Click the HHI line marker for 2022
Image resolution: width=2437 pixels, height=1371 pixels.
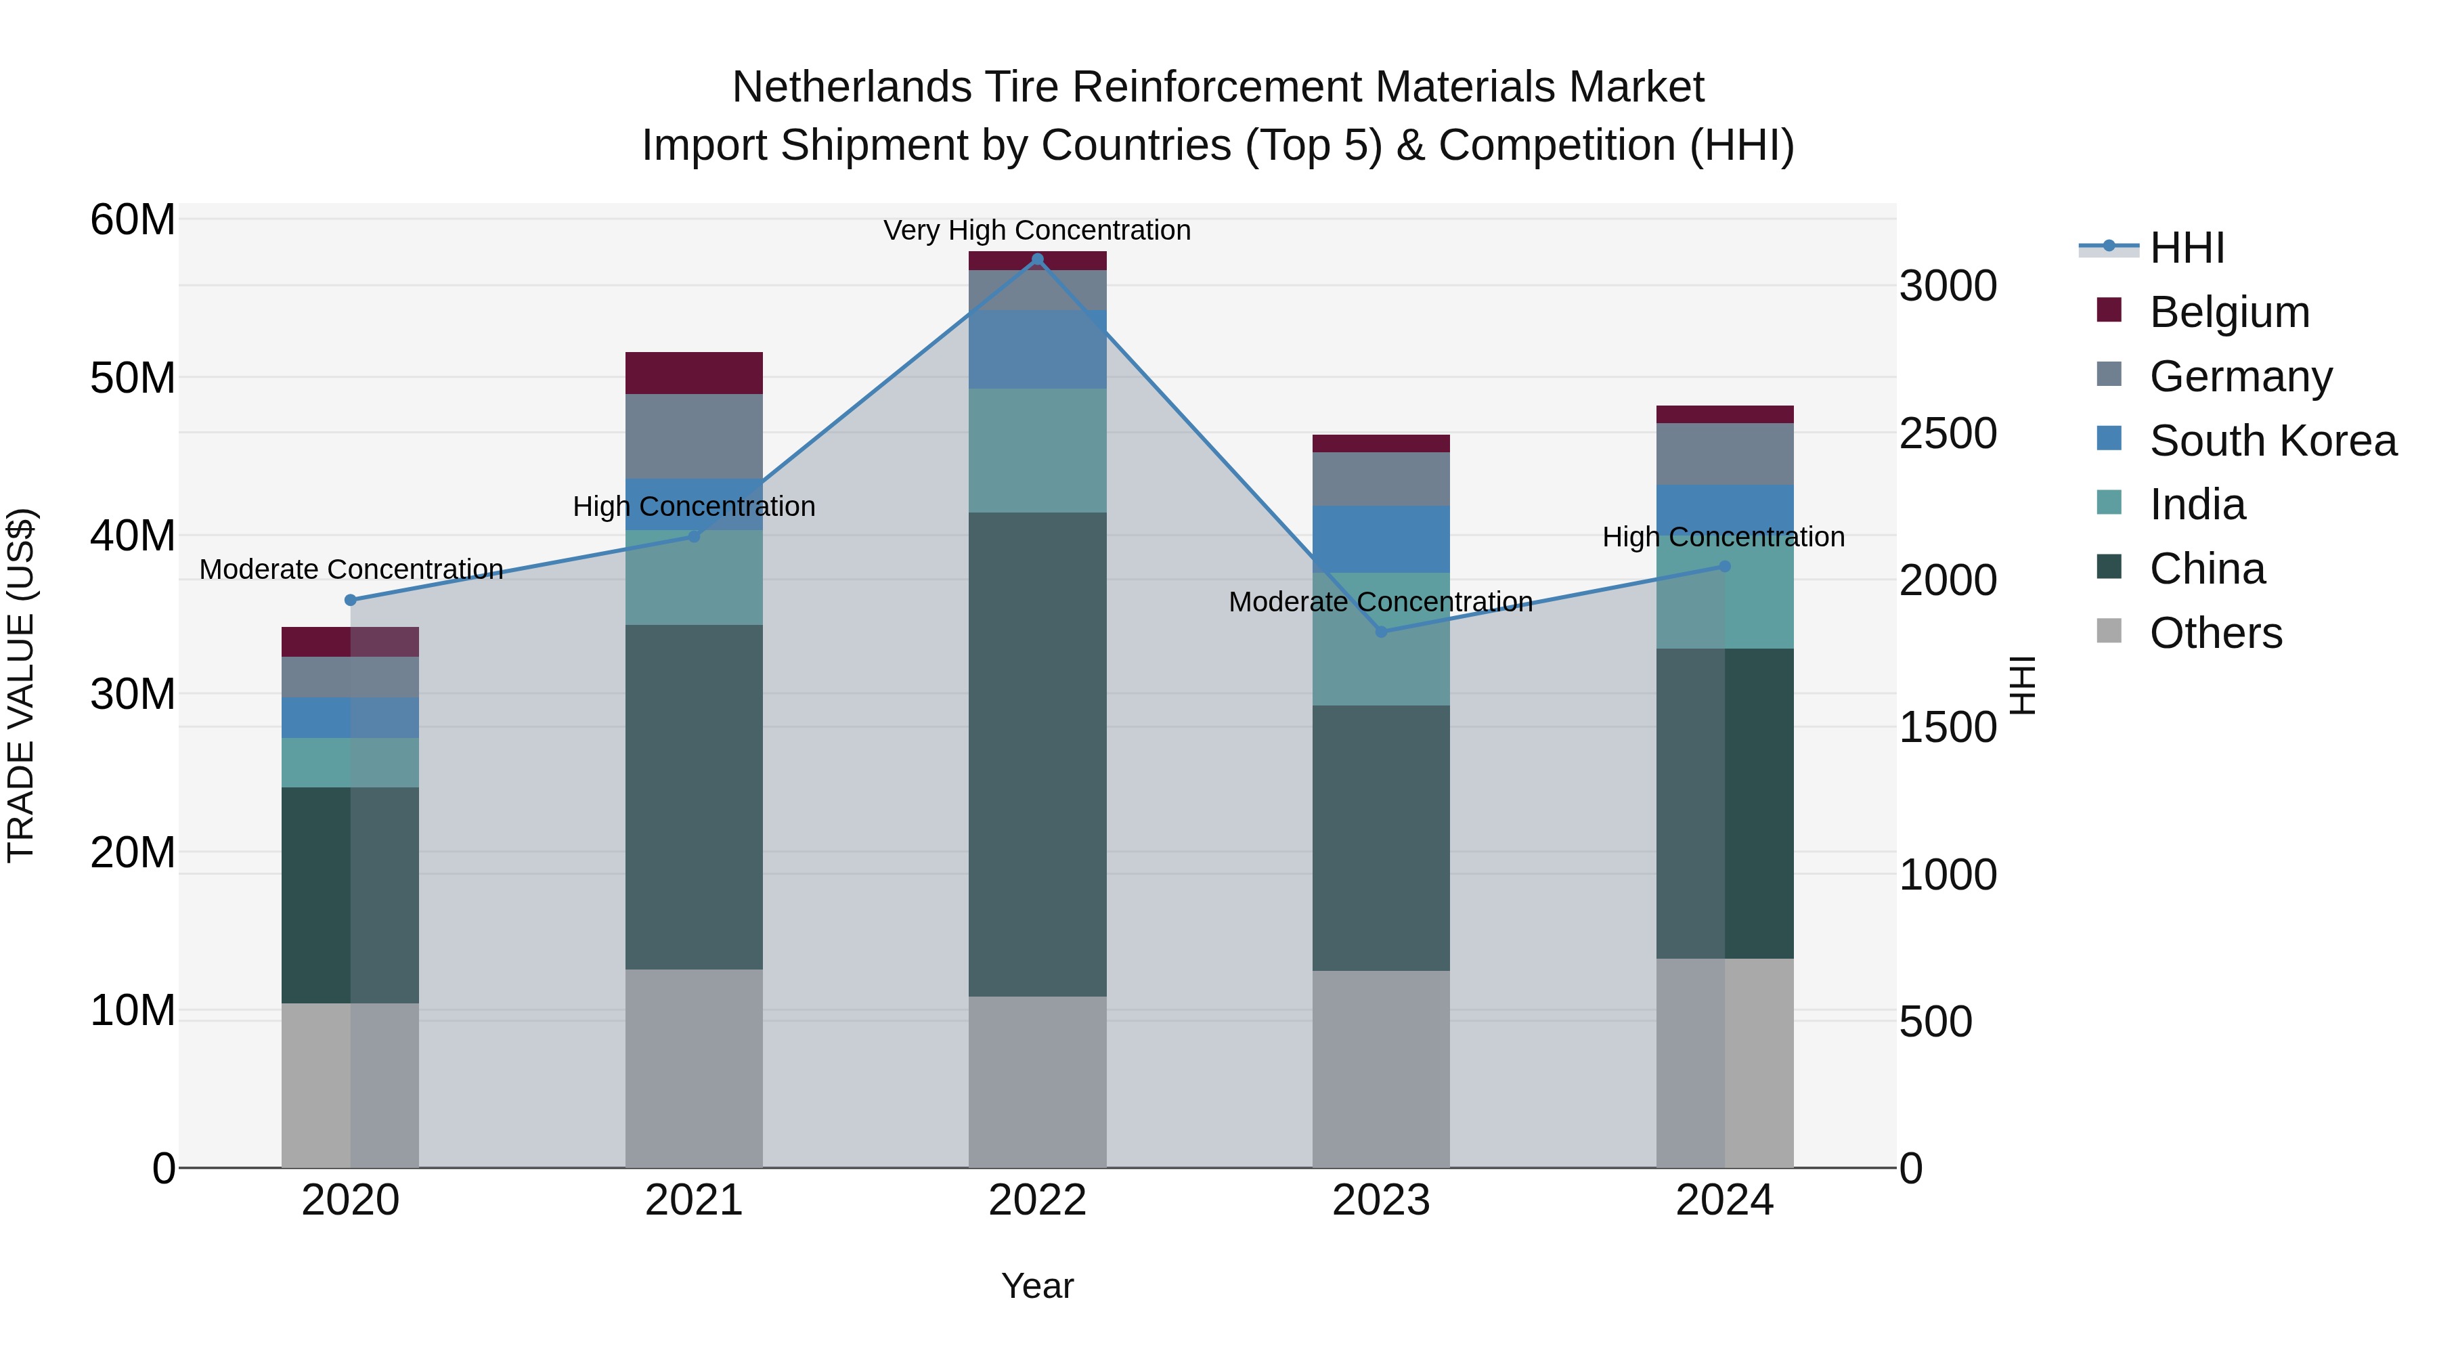point(1037,259)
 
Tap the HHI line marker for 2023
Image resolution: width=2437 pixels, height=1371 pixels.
point(1380,631)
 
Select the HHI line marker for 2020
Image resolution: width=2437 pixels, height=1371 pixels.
point(350,600)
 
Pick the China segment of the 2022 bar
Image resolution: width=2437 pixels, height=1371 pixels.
point(1037,754)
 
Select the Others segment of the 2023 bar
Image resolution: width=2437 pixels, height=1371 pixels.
point(1380,1068)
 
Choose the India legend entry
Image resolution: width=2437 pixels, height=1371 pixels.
point(2197,504)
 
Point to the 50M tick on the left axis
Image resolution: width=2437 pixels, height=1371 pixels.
point(133,378)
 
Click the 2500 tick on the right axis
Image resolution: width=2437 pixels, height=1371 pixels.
point(1947,433)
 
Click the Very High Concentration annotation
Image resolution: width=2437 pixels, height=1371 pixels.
point(1037,230)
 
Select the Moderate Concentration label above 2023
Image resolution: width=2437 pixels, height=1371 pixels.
point(1380,602)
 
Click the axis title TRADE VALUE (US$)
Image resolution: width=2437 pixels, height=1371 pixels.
point(21,685)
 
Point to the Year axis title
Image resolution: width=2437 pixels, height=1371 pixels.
point(1037,1286)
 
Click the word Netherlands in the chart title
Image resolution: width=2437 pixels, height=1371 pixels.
point(850,87)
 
